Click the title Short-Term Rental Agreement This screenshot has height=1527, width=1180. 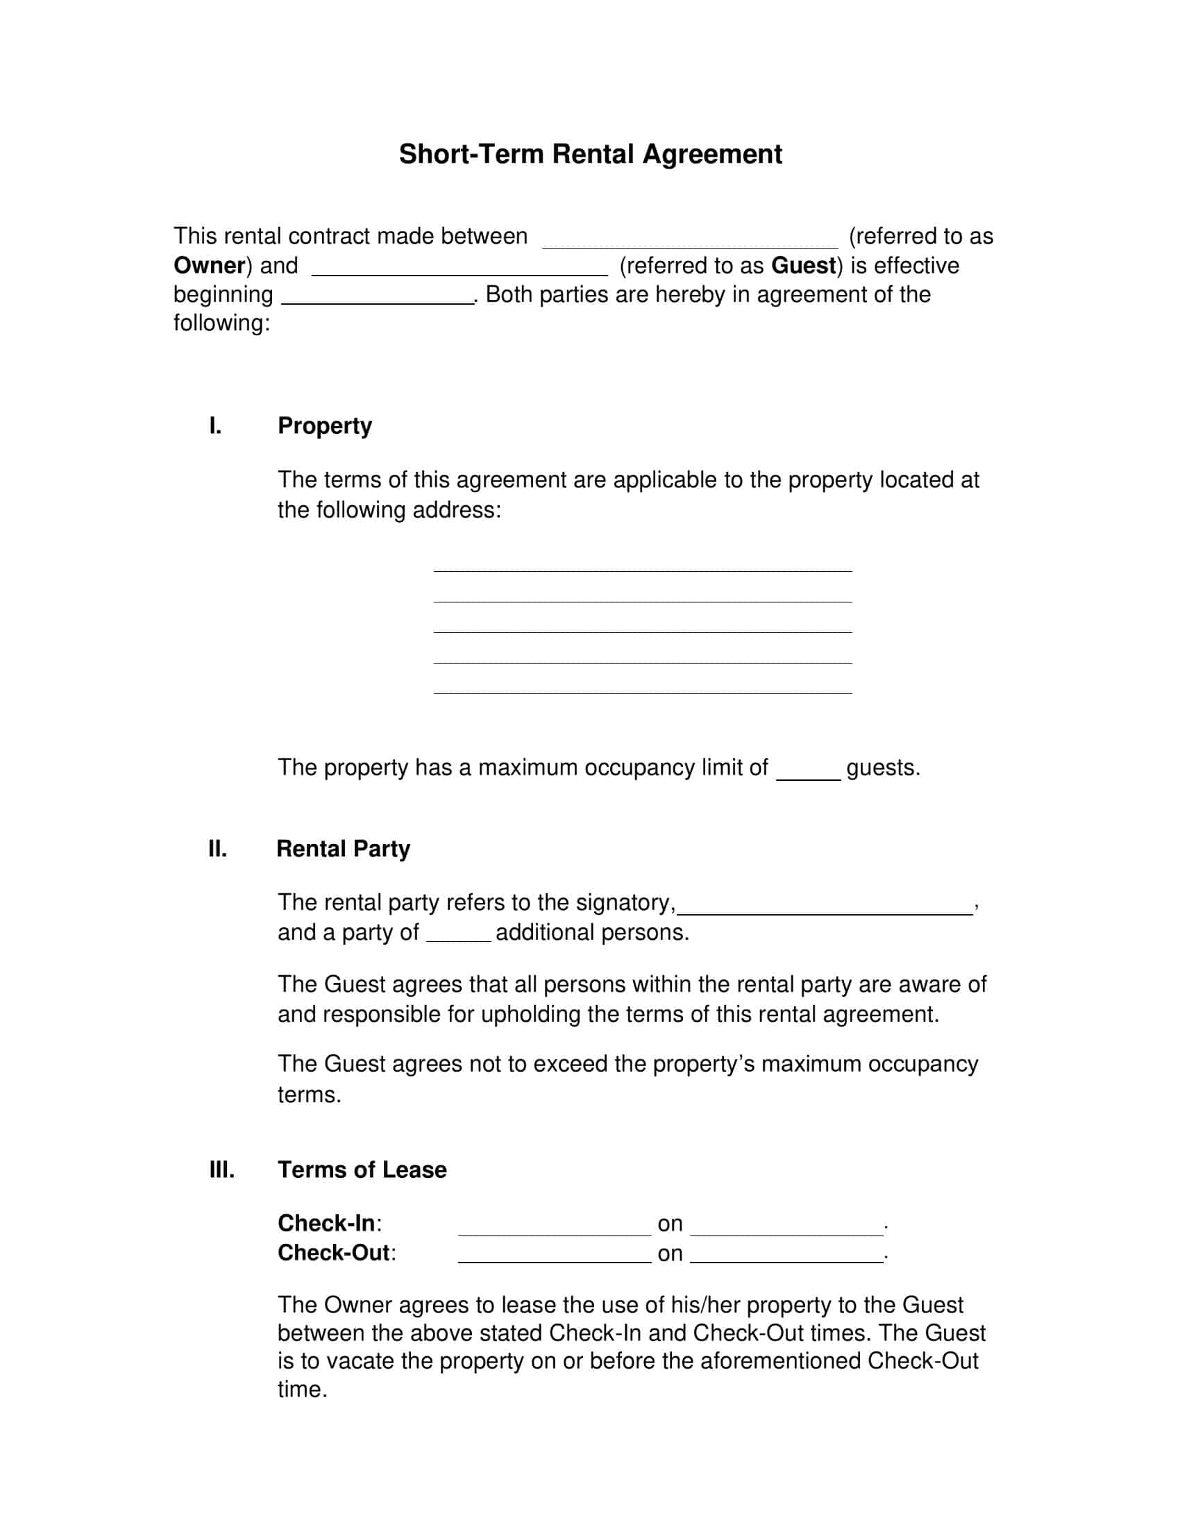pyautogui.click(x=590, y=154)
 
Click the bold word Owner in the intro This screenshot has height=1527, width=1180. pyautogui.click(x=209, y=266)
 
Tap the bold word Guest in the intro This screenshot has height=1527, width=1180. pyautogui.click(x=803, y=266)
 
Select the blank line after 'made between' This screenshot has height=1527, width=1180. pyautogui.click(x=690, y=242)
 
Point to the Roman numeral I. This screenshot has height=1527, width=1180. pyautogui.click(x=215, y=425)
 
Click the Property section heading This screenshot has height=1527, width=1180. pyautogui.click(x=324, y=425)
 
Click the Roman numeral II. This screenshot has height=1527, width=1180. pyautogui.click(x=217, y=849)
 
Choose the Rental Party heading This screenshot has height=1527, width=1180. pyautogui.click(x=343, y=849)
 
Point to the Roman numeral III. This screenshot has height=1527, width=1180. pyautogui.click(x=221, y=1170)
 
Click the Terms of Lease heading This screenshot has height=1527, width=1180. pyautogui.click(x=362, y=1170)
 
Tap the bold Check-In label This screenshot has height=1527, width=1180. pyautogui.click(x=326, y=1223)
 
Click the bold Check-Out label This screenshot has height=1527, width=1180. pyautogui.click(x=333, y=1252)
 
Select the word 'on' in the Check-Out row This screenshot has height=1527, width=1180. pyautogui.click(x=670, y=1254)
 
